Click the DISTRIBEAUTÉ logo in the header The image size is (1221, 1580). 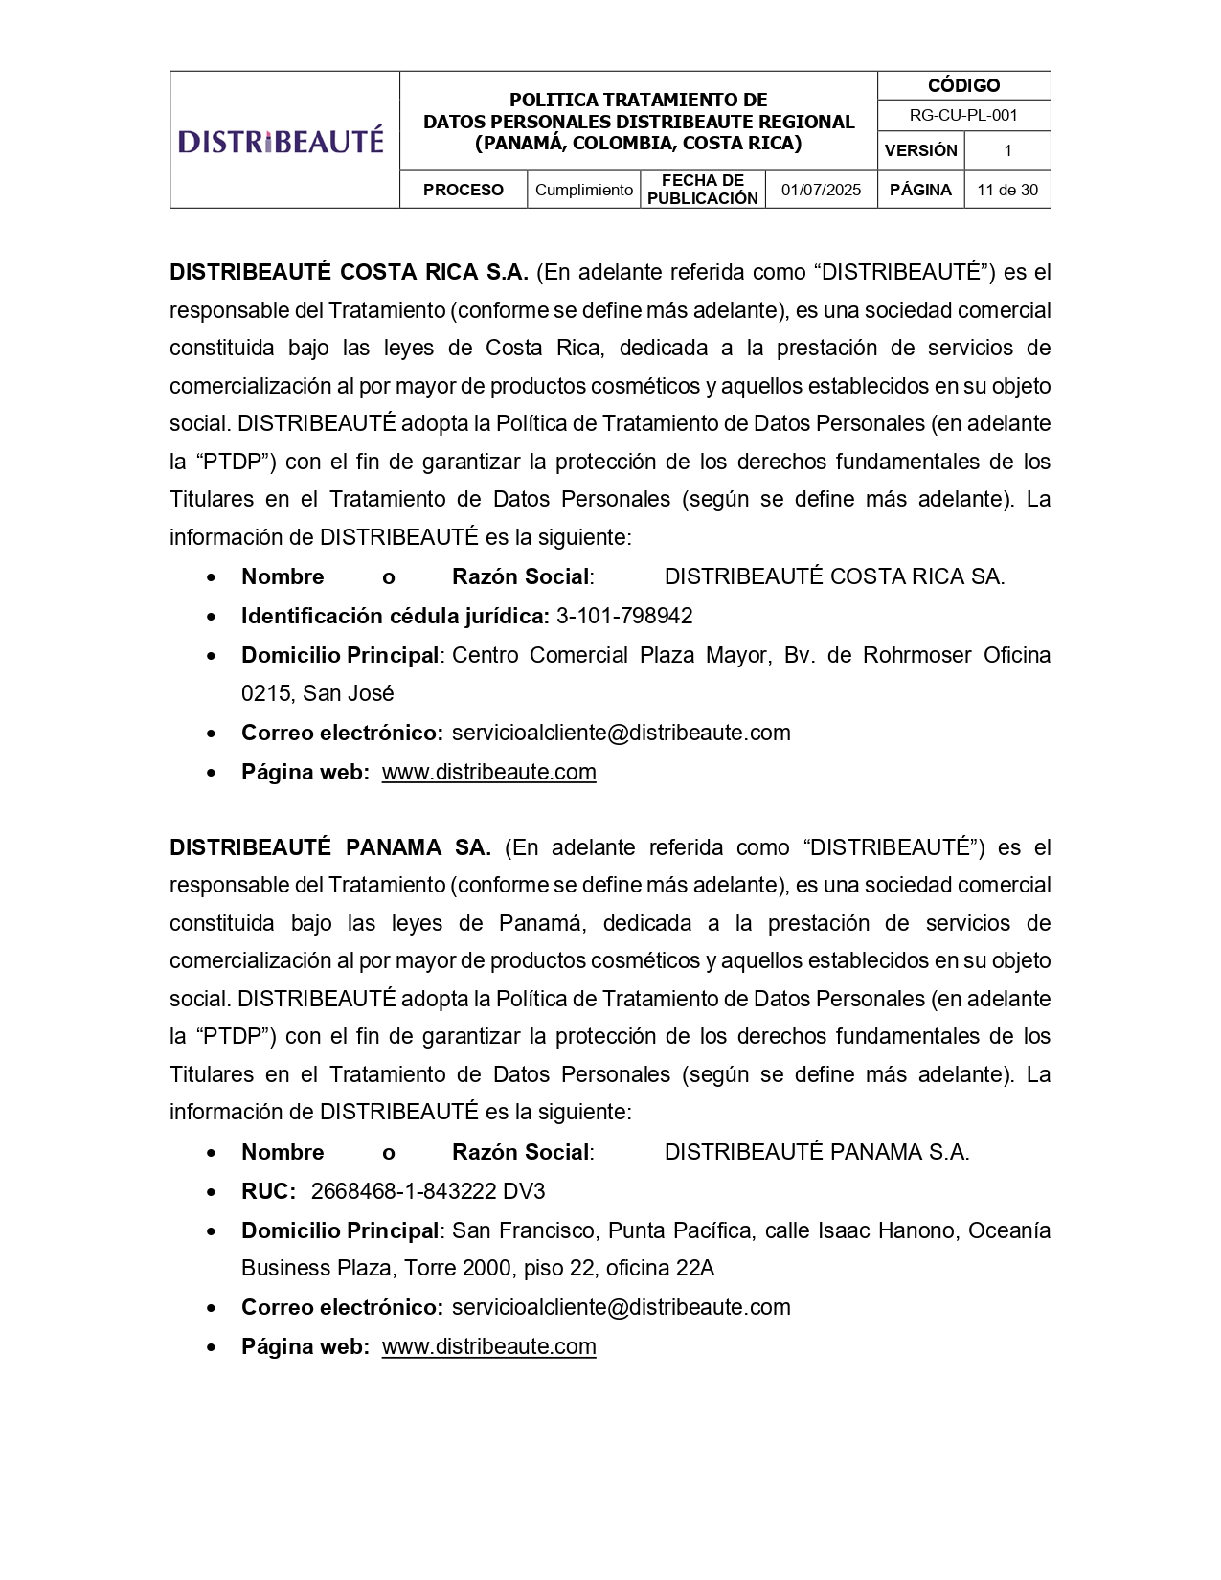click(281, 141)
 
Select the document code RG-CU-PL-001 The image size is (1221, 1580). click(963, 116)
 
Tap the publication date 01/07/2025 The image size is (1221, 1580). click(821, 190)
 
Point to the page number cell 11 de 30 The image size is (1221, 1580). click(1007, 190)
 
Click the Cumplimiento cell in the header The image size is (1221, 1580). click(583, 190)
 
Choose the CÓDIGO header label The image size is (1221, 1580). click(963, 85)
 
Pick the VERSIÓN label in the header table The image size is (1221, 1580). click(920, 150)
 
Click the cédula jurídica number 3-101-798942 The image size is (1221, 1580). click(624, 616)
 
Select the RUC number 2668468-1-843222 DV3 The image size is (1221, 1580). click(428, 1191)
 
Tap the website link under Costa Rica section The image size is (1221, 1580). click(488, 772)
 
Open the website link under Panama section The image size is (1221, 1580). click(488, 1346)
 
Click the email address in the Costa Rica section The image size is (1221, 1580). click(621, 733)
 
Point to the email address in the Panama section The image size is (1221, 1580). click(621, 1307)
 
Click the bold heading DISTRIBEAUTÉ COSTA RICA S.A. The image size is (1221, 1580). click(349, 272)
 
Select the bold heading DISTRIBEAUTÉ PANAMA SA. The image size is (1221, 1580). click(329, 847)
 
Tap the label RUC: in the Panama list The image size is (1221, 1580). click(268, 1191)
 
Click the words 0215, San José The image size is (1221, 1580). click(317, 693)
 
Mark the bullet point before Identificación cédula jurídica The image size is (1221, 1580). click(212, 617)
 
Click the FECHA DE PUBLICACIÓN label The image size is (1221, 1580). click(702, 190)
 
